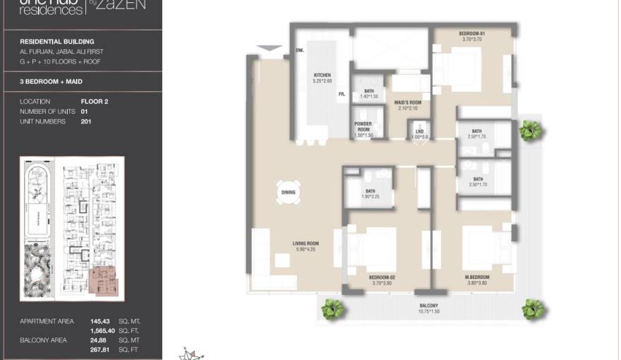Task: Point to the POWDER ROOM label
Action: click(x=363, y=127)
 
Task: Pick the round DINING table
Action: click(x=289, y=192)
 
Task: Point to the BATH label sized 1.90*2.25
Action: click(x=370, y=193)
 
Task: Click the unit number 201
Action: click(x=88, y=121)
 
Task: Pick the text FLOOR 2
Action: click(x=95, y=102)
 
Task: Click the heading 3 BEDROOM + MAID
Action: click(x=52, y=82)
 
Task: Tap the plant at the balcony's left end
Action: click(x=332, y=308)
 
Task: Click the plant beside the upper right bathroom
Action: click(x=531, y=131)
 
